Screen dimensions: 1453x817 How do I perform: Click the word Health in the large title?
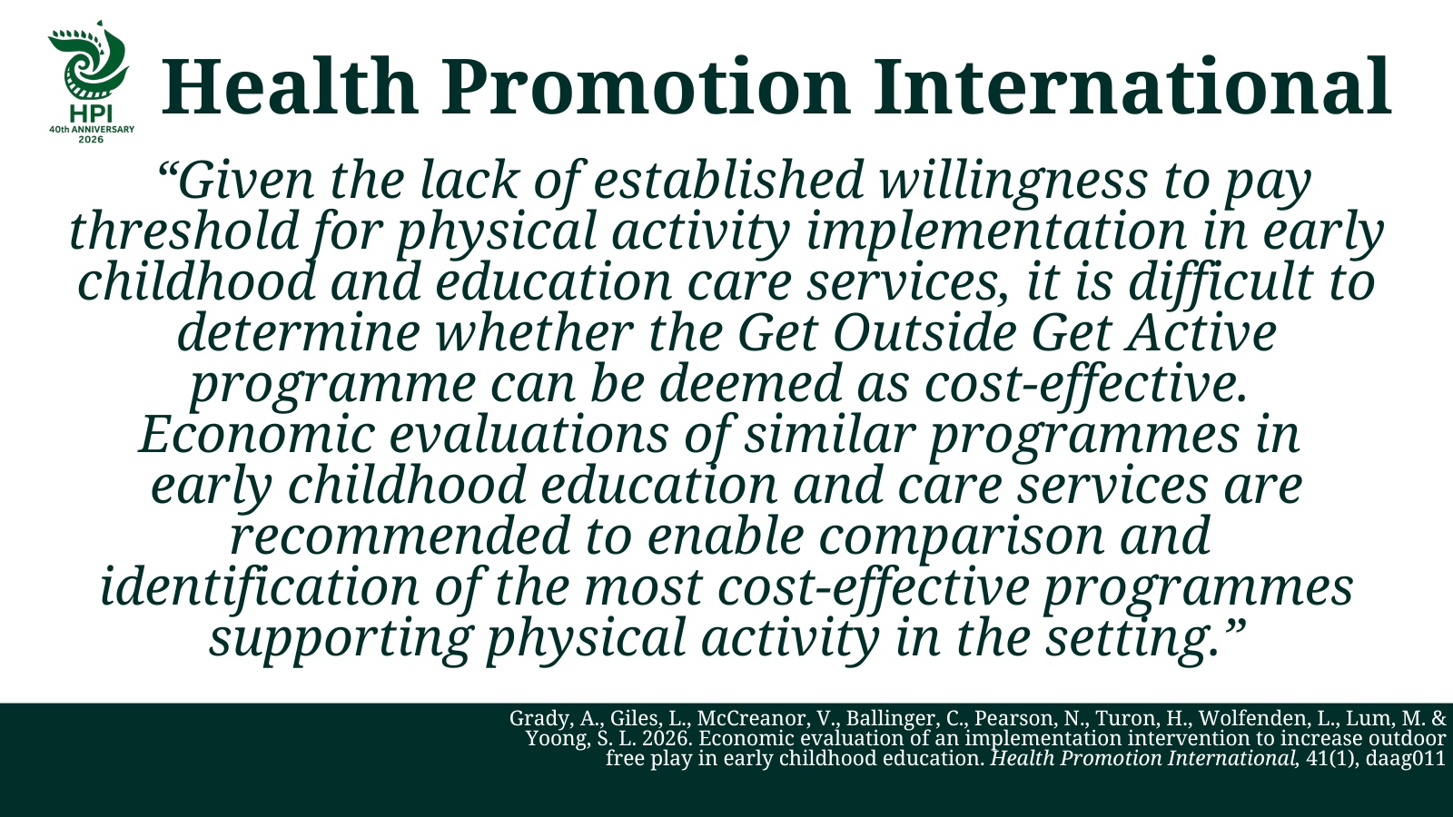tap(290, 86)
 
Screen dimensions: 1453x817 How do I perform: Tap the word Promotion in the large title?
tap(646, 86)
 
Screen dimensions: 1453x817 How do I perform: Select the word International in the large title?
tap(1132, 86)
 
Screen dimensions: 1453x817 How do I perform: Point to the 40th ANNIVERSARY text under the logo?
tap(92, 129)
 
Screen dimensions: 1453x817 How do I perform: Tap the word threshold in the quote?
tap(183, 231)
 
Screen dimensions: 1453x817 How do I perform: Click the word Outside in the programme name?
tap(924, 332)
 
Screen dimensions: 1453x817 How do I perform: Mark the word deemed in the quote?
tap(750, 383)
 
